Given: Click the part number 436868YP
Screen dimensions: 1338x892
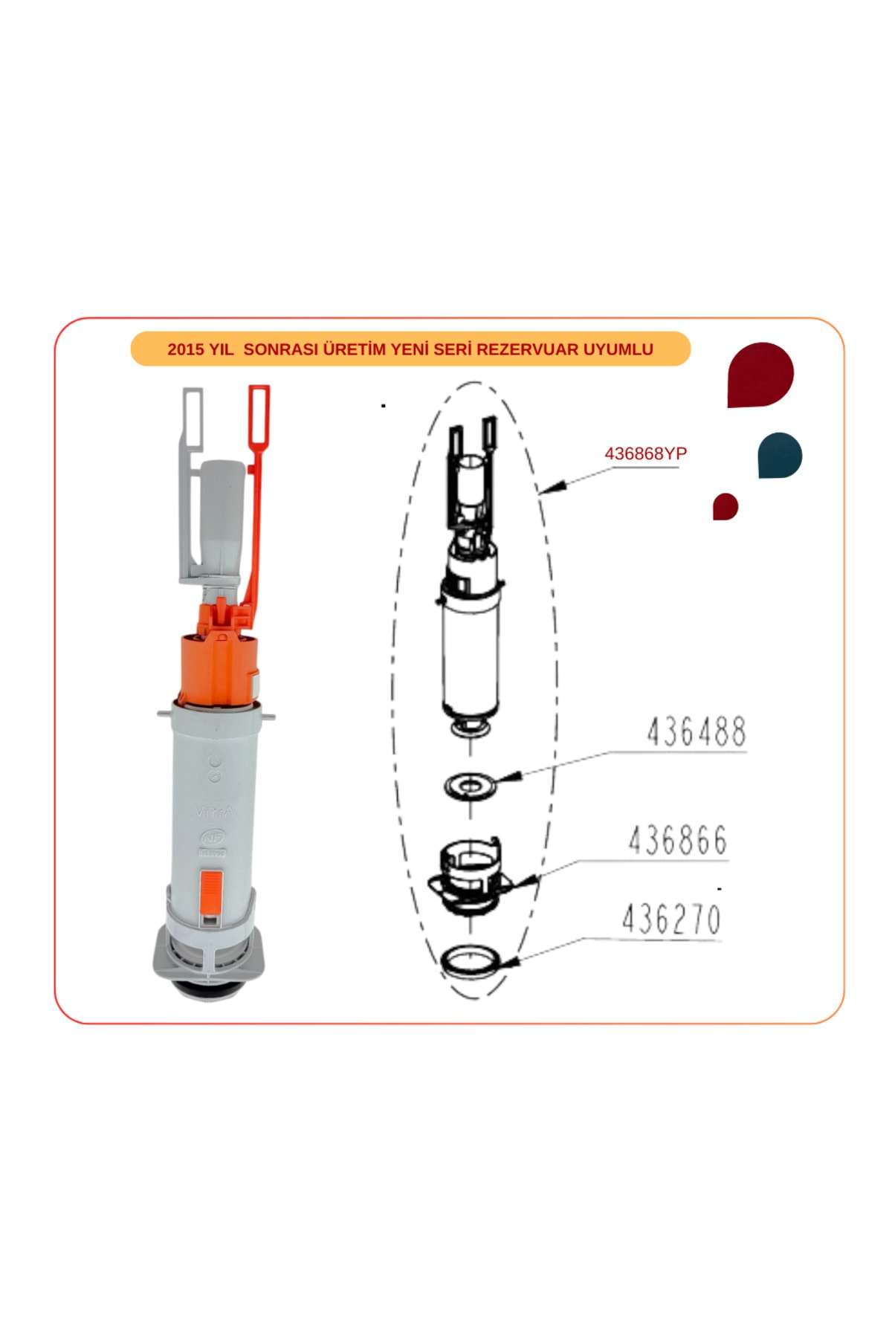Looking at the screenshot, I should (x=645, y=453).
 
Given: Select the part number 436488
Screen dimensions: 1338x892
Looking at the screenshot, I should (x=696, y=732).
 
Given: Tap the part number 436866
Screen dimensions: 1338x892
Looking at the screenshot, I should (x=677, y=841).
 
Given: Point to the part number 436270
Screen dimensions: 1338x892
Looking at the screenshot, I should (x=671, y=920).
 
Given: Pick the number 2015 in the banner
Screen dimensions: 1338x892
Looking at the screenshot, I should (x=185, y=349).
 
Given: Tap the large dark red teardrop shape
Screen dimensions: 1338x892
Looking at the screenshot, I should (x=758, y=374).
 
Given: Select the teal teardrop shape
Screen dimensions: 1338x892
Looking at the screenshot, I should (x=779, y=455).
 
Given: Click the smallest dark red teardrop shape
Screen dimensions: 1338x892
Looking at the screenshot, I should (x=725, y=506).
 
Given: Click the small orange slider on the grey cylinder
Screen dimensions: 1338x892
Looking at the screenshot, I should (x=210, y=890).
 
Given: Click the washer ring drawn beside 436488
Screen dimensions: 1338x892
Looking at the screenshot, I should (x=470, y=785).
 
